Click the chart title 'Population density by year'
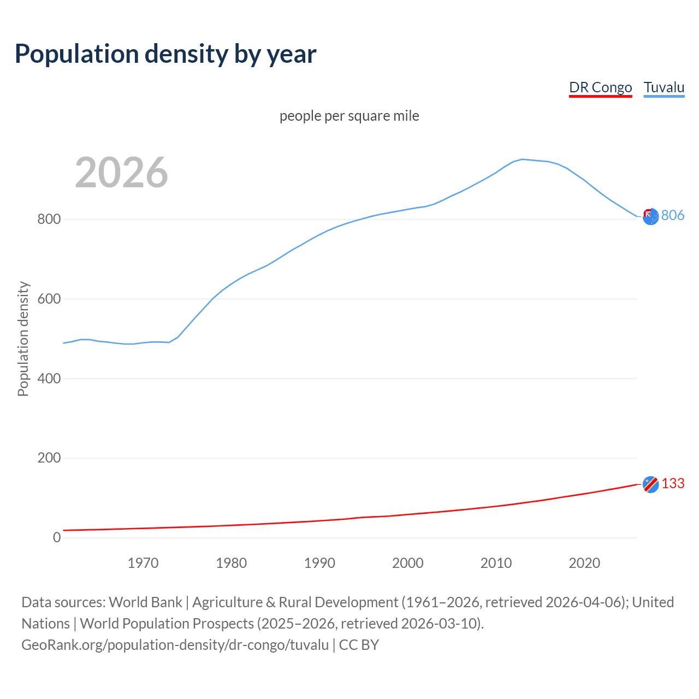165,54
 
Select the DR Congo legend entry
600,87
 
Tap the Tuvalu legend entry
664,87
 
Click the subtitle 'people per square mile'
349,116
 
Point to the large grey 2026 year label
121,173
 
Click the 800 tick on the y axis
49,220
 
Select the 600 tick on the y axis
49,299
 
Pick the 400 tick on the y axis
49,378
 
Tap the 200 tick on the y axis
49,458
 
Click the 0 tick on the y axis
57,537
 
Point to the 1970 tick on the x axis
143,563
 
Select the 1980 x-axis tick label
232,563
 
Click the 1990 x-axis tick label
319,563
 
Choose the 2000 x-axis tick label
408,563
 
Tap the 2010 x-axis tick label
496,563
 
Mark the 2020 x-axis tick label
584,563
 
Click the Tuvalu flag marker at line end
650,217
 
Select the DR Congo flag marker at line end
650,484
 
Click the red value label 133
673,484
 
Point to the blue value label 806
673,216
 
